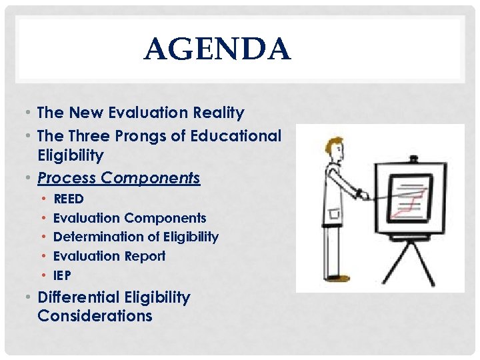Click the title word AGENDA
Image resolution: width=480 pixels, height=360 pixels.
[x=217, y=49]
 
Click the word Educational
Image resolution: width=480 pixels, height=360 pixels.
[x=236, y=136]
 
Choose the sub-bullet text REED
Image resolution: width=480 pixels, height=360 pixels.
[x=68, y=199]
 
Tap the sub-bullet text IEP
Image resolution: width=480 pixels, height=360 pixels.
[x=62, y=275]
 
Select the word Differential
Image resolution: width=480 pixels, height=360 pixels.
[x=77, y=297]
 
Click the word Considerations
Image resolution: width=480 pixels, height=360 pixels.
[x=95, y=316]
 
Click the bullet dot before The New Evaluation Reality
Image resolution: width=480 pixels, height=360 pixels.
[x=30, y=113]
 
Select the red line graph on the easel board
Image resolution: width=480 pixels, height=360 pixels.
[x=410, y=203]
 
